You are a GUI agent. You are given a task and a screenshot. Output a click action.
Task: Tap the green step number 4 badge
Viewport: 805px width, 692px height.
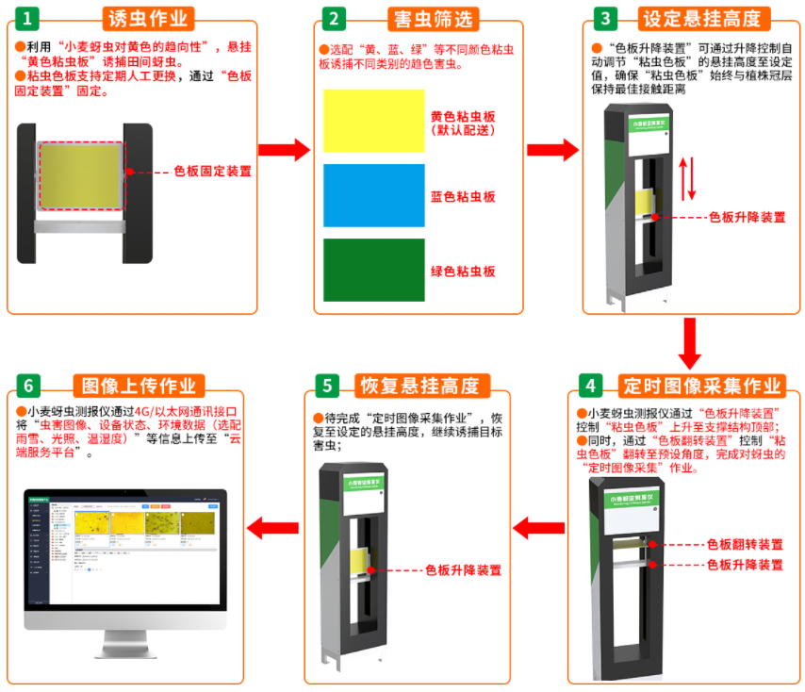click(x=590, y=386)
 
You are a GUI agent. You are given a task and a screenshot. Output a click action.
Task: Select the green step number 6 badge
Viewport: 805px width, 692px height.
click(x=29, y=386)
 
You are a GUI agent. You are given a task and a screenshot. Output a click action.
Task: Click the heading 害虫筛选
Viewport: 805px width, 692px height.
click(x=433, y=19)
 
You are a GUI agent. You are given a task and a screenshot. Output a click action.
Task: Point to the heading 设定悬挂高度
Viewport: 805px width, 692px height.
click(x=705, y=19)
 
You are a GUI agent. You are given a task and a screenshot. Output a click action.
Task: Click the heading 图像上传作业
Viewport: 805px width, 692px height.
click(x=139, y=386)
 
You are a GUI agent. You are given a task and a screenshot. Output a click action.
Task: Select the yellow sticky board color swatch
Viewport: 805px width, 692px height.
click(x=373, y=121)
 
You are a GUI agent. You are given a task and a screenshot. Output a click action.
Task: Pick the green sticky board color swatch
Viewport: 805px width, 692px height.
click(x=373, y=270)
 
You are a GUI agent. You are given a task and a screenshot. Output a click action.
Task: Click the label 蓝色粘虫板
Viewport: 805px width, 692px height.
click(x=463, y=197)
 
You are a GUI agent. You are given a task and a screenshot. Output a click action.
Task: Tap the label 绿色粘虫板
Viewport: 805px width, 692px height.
click(x=463, y=272)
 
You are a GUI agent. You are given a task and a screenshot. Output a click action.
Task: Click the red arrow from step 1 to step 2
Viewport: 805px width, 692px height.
click(x=284, y=149)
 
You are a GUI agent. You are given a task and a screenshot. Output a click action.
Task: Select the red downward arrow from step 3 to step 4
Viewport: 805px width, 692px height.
click(x=690, y=344)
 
